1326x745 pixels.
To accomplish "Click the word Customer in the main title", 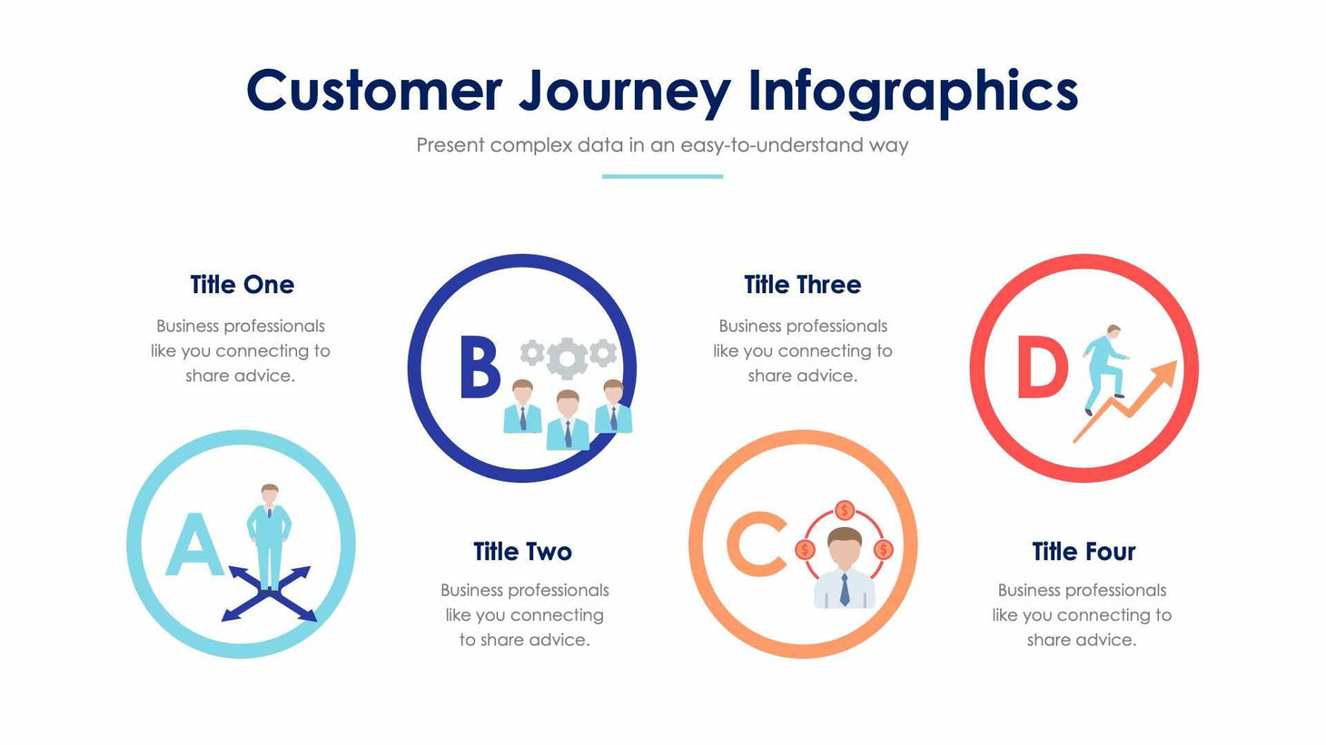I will point(373,91).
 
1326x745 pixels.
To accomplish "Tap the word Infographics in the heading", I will point(913,91).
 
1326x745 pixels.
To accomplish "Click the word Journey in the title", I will point(624,93).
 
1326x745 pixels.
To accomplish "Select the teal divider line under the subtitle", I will point(662,176).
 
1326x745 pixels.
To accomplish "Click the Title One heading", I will point(242,285).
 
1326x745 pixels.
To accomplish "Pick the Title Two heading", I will point(522,552).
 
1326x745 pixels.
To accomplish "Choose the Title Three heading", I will point(802,285).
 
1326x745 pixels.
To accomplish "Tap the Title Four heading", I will point(1083,552).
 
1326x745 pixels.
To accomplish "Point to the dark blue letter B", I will point(479,368).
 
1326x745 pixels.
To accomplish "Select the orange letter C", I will point(757,544).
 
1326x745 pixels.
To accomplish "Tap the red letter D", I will point(1041,368).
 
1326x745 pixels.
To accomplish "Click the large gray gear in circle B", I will point(567,358).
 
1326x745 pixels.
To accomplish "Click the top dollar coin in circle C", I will point(845,510).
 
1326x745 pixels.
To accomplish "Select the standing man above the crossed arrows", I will point(270,535).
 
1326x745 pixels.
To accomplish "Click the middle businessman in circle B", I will point(568,420).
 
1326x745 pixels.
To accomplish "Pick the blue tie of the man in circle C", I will point(845,590).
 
